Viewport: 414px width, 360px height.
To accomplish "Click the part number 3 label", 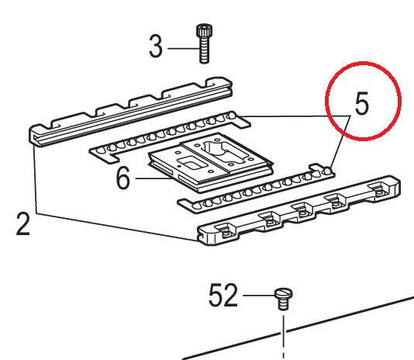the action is point(156,47).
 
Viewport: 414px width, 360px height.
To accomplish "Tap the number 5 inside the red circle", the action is point(362,103).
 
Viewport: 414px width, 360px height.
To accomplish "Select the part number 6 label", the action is point(123,178).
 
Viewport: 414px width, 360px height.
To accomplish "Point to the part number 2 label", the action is point(23,223).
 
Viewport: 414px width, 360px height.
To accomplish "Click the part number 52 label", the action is point(223,295).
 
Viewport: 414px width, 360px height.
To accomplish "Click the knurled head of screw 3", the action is point(204,31).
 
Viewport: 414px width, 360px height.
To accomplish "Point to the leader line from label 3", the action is point(183,48).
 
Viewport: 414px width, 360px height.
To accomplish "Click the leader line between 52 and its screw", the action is point(258,295).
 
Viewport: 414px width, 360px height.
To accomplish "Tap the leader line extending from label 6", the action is point(154,178).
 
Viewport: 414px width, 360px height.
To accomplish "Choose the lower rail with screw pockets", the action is point(298,211).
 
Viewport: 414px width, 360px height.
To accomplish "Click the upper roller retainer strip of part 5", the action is point(170,137).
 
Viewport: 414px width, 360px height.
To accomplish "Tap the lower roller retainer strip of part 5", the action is point(256,189).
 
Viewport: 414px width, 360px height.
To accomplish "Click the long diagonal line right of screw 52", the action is point(298,328).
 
